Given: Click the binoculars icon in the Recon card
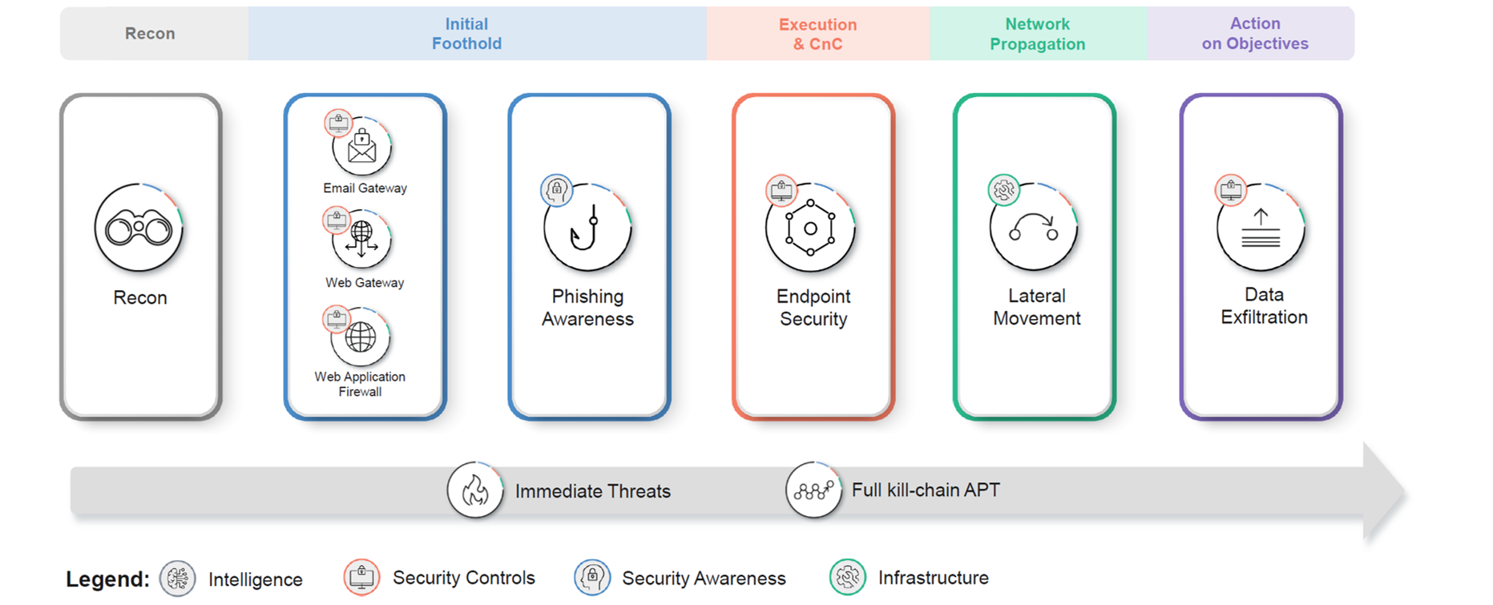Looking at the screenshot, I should (139, 229).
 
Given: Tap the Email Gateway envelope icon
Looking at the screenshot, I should (362, 147).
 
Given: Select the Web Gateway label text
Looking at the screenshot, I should (365, 283).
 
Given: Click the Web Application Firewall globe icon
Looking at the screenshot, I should (361, 337).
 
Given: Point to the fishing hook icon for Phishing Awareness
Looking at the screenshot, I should (587, 228).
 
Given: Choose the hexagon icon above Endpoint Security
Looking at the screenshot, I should (810, 228).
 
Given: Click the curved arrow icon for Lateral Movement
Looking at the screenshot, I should (1034, 228).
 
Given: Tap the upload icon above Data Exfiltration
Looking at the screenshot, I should (1261, 228).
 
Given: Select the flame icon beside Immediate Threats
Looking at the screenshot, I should (475, 490).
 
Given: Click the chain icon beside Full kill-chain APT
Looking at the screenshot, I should (813, 490).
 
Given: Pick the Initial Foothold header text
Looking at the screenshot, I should (466, 34).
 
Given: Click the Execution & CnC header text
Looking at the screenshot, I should (817, 34).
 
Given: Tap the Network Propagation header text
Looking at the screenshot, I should (1037, 34).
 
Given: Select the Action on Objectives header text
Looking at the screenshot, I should (1254, 34).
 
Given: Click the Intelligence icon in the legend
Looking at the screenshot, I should (177, 579).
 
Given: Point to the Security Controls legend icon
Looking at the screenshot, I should (361, 577).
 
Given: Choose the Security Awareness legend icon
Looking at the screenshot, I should (592, 577).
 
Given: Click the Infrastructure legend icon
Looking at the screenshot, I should (848, 577).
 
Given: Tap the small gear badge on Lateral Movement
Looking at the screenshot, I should (1003, 190).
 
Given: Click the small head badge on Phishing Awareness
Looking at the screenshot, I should (556, 191).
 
